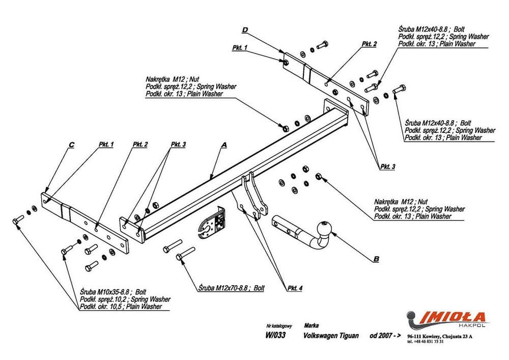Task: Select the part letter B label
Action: pyautogui.click(x=376, y=259)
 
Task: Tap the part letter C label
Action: pyautogui.click(x=71, y=145)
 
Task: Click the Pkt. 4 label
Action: pyautogui.click(x=295, y=289)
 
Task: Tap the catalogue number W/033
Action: pyautogui.click(x=275, y=336)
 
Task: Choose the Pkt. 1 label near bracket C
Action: pyautogui.click(x=105, y=145)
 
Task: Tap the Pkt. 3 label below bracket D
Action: pyautogui.click(x=387, y=167)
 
